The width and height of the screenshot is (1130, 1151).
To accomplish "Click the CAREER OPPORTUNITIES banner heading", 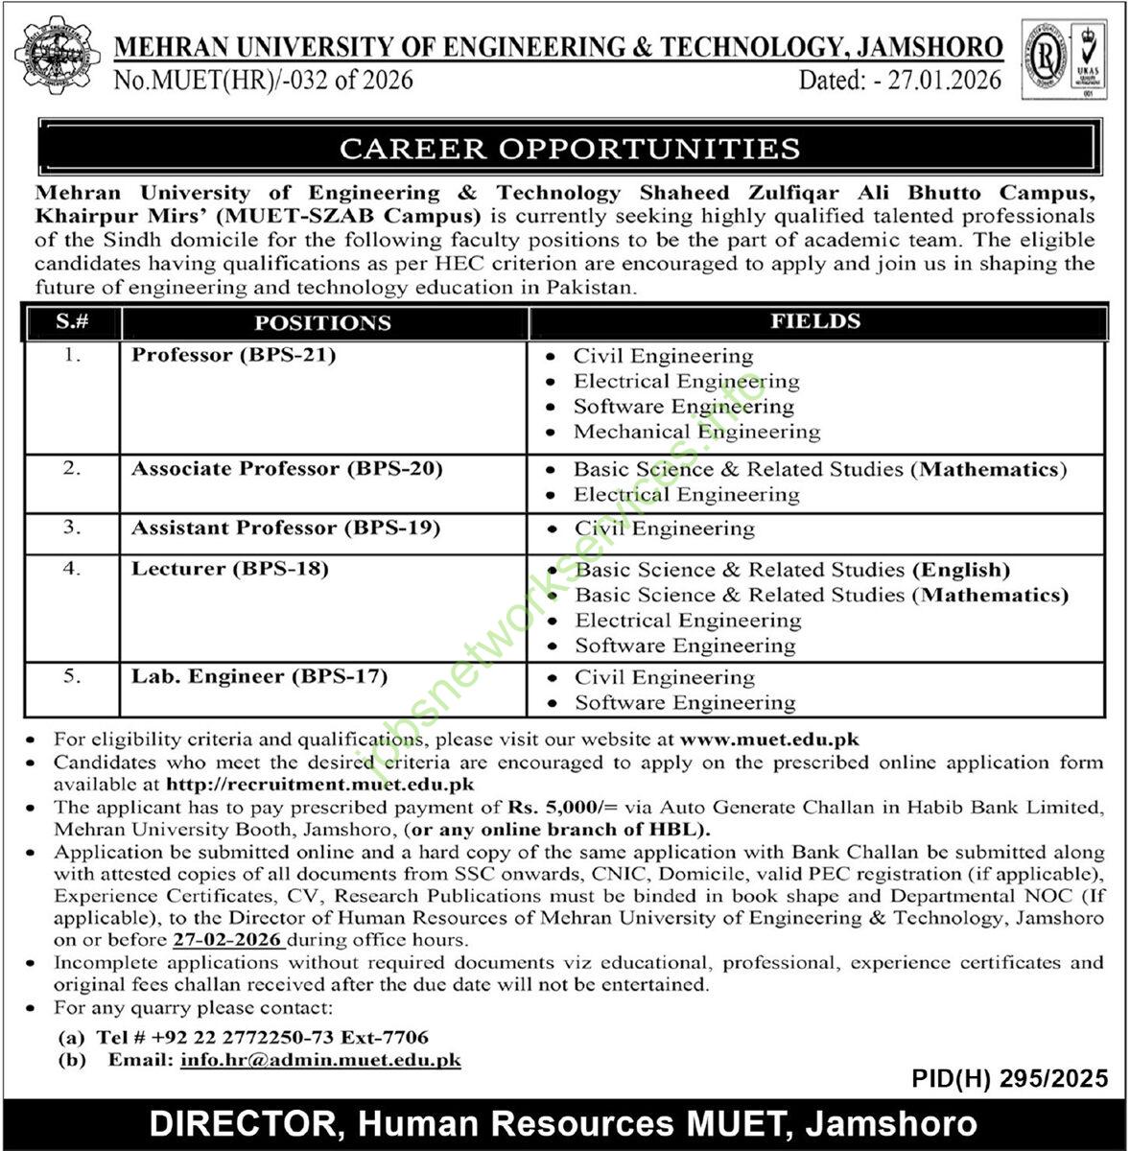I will click(x=570, y=149).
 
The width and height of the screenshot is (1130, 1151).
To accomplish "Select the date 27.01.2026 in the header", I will click(x=944, y=80).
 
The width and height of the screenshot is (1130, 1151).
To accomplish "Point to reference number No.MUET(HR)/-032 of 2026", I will click(x=263, y=80).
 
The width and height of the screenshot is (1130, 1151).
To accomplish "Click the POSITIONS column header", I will click(x=322, y=323).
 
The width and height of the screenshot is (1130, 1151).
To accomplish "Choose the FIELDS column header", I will click(x=815, y=322).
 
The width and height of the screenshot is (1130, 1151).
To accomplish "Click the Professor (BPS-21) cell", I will click(x=234, y=356).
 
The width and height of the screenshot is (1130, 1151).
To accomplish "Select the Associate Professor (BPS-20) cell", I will click(x=287, y=469).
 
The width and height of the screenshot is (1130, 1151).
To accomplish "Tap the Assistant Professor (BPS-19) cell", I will click(x=286, y=529).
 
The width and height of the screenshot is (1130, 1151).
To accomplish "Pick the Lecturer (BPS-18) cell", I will click(x=230, y=569).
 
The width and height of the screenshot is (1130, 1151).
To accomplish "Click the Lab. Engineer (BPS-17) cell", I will click(x=259, y=676).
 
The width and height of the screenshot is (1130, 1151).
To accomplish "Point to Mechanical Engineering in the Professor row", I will click(x=696, y=432).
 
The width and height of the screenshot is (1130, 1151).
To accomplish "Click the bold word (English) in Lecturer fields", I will click(x=961, y=570).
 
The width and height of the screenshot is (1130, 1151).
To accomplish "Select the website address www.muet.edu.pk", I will click(x=769, y=740).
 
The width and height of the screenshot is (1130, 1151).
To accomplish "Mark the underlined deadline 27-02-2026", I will click(x=227, y=940).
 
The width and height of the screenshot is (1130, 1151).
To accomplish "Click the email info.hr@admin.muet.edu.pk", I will click(x=320, y=1060).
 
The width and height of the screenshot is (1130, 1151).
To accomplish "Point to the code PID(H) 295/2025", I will click(x=1009, y=1078).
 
